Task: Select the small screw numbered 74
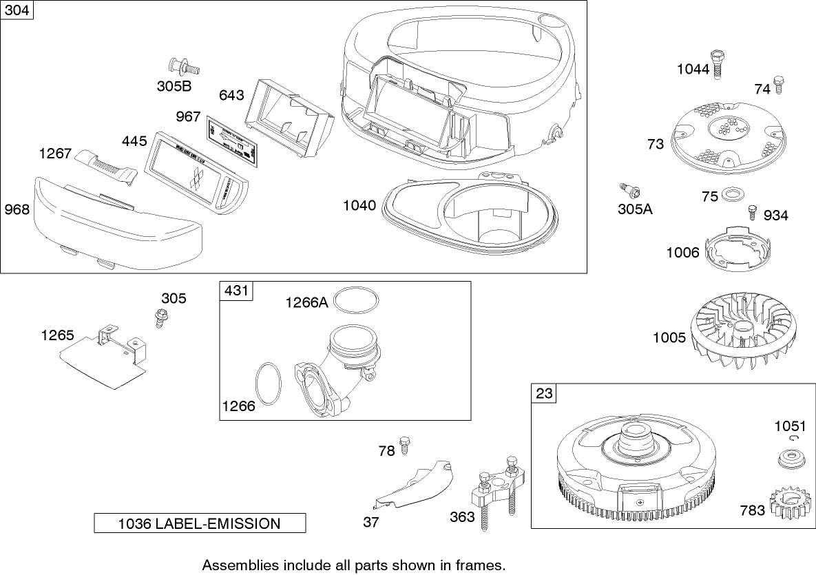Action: [780, 85]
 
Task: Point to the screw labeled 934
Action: [752, 211]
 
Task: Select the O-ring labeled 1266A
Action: [356, 302]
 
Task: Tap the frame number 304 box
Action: [17, 10]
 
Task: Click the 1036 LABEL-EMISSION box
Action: [200, 523]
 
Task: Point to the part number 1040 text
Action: [359, 205]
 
